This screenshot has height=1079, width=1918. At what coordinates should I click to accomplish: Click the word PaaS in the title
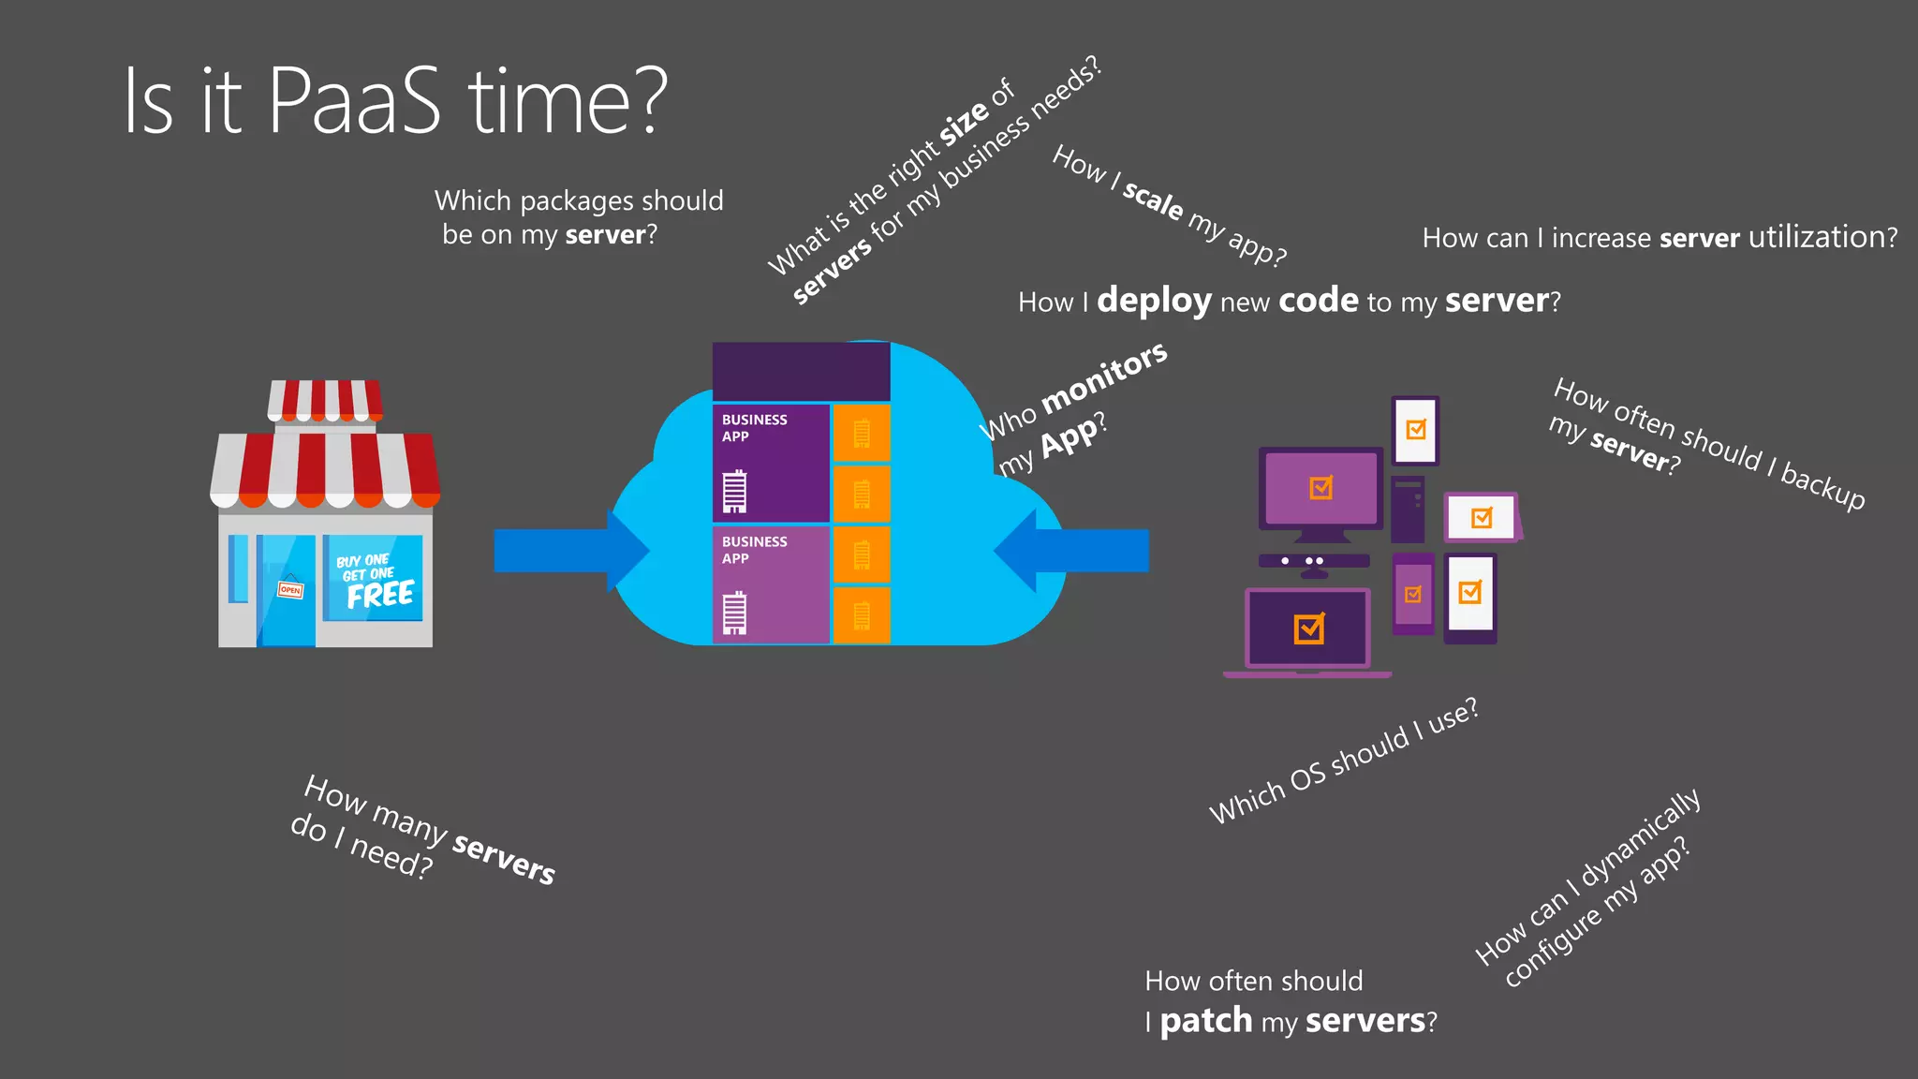354,101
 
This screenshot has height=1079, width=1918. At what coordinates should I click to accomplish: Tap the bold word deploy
1154,302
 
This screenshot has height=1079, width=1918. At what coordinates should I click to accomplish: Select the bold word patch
1205,1020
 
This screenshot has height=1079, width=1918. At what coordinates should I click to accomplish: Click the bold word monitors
1104,377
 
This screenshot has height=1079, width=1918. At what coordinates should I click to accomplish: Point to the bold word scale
1153,200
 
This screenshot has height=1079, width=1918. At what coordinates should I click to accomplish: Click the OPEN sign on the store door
290,589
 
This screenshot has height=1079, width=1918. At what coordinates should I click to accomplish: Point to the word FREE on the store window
380,595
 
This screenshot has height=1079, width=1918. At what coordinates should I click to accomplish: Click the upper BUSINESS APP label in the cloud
754,428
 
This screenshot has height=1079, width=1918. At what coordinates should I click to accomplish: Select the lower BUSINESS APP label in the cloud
754,550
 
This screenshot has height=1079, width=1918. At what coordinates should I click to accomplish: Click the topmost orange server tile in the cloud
862,433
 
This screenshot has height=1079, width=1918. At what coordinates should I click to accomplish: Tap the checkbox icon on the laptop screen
1308,628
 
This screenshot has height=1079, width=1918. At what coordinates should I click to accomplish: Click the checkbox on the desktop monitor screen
1320,488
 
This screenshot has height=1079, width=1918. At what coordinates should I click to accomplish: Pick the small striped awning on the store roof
325,400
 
